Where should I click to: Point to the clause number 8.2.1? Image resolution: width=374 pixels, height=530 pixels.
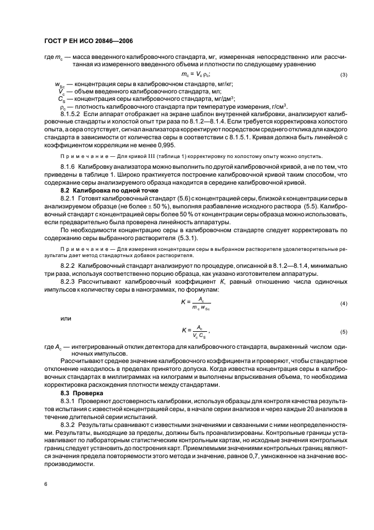coord(68,201)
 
